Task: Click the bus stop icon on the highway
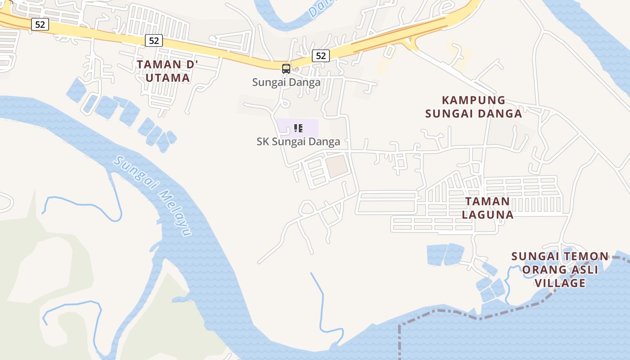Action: [286, 68]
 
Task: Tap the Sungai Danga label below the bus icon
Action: [286, 82]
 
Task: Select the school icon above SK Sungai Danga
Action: [298, 128]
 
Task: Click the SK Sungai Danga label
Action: [298, 141]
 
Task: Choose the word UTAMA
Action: [167, 78]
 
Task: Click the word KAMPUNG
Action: [473, 100]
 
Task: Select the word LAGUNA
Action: [488, 215]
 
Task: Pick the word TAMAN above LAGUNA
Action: [487, 202]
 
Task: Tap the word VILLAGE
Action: [560, 283]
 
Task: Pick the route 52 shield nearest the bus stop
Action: [320, 56]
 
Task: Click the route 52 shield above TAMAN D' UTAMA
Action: [154, 40]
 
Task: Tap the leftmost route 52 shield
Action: [40, 24]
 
